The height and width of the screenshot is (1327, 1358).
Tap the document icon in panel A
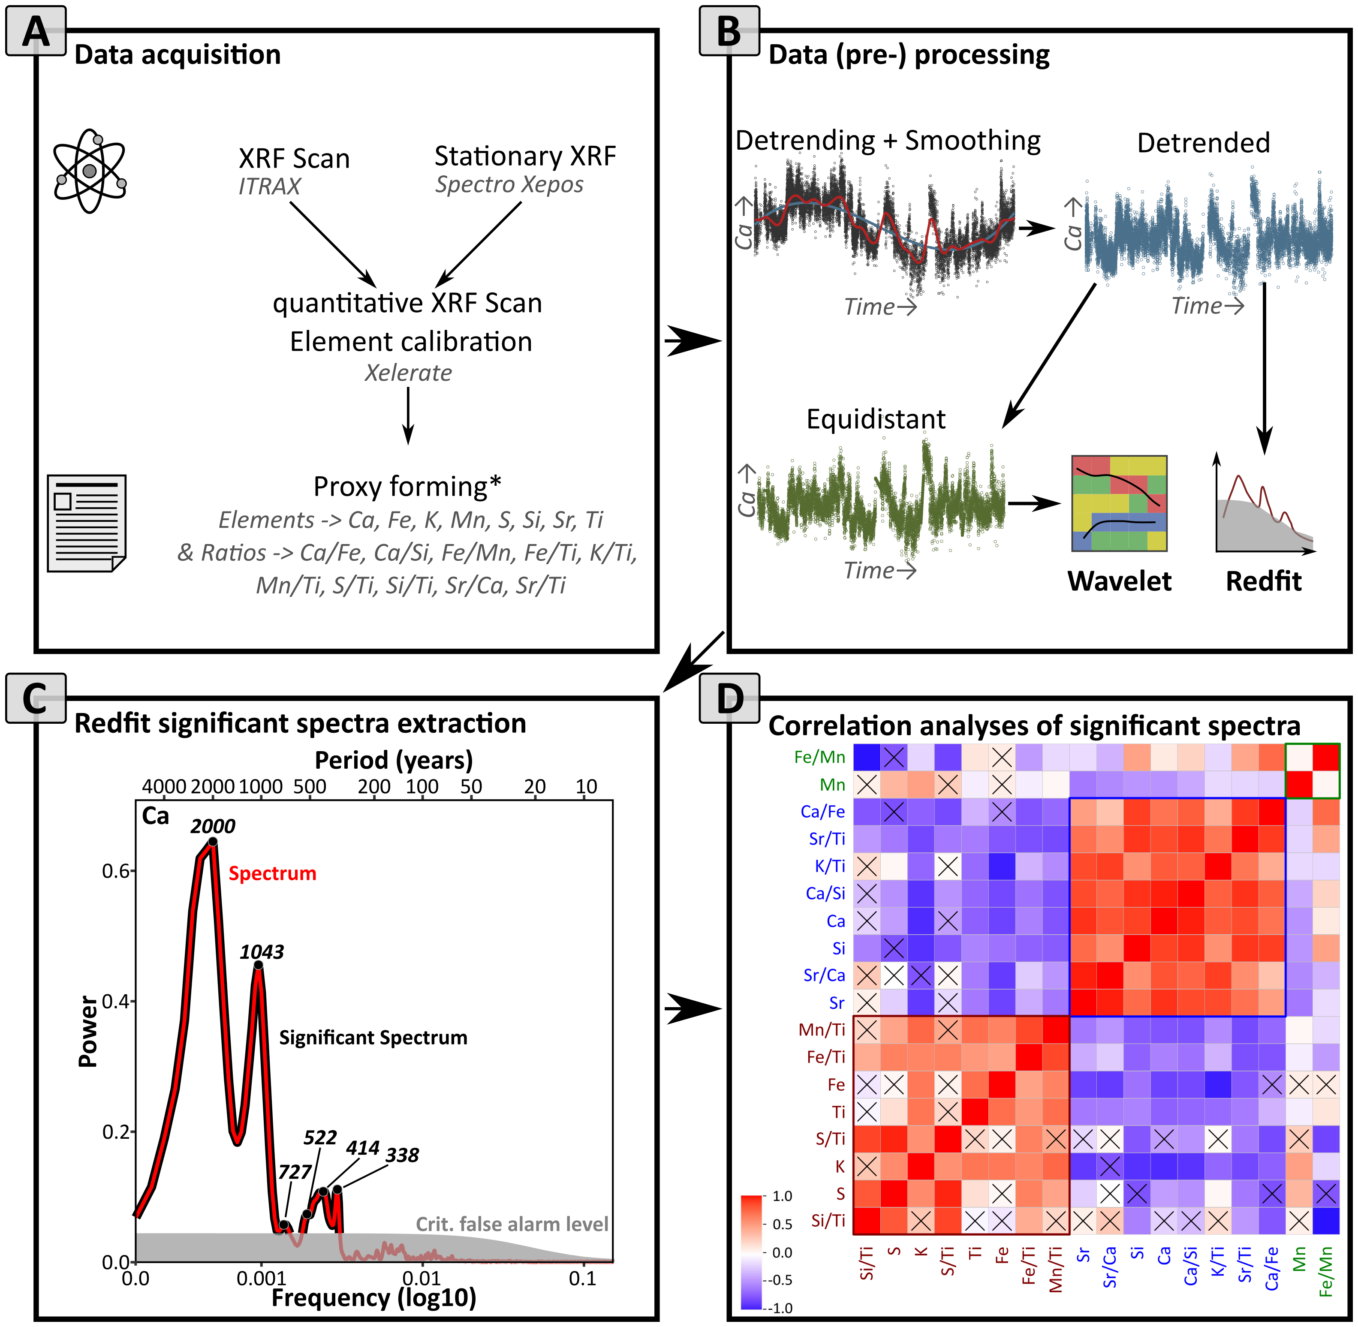[87, 523]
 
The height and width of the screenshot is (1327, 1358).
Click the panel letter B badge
[729, 31]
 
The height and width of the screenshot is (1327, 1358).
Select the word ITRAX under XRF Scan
[269, 186]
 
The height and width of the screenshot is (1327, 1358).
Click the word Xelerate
[409, 373]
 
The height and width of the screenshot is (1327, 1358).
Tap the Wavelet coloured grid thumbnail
[1119, 503]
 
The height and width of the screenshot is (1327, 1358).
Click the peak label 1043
[262, 952]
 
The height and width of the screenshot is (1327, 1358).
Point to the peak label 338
[402, 1155]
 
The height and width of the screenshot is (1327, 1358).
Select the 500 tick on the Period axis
[310, 786]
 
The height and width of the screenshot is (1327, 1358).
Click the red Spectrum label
[273, 873]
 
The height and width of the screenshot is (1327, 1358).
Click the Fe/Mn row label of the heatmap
[820, 757]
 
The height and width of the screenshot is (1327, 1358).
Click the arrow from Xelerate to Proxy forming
[409, 415]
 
